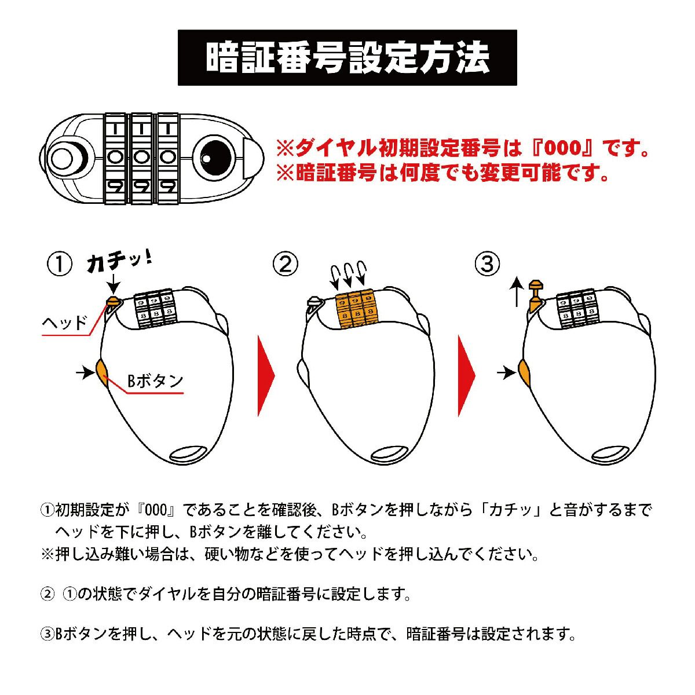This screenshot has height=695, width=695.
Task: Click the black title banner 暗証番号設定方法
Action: click(347, 58)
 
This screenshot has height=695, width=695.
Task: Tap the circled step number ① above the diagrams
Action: click(60, 264)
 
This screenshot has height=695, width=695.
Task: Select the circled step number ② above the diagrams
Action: click(286, 264)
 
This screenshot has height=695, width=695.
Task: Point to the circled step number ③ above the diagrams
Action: click(487, 264)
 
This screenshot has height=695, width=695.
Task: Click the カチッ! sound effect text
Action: click(119, 264)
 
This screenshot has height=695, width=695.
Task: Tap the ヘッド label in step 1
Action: click(65, 323)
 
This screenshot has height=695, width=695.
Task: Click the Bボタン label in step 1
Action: click(155, 381)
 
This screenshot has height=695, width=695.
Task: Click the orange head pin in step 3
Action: click(534, 294)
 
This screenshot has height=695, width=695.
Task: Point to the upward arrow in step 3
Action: click(518, 292)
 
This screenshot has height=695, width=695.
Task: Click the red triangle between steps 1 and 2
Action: click(266, 376)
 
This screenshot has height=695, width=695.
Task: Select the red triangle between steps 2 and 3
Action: click(467, 376)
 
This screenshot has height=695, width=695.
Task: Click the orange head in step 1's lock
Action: click(113, 301)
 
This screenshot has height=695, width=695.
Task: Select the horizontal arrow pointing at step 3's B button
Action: click(506, 372)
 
